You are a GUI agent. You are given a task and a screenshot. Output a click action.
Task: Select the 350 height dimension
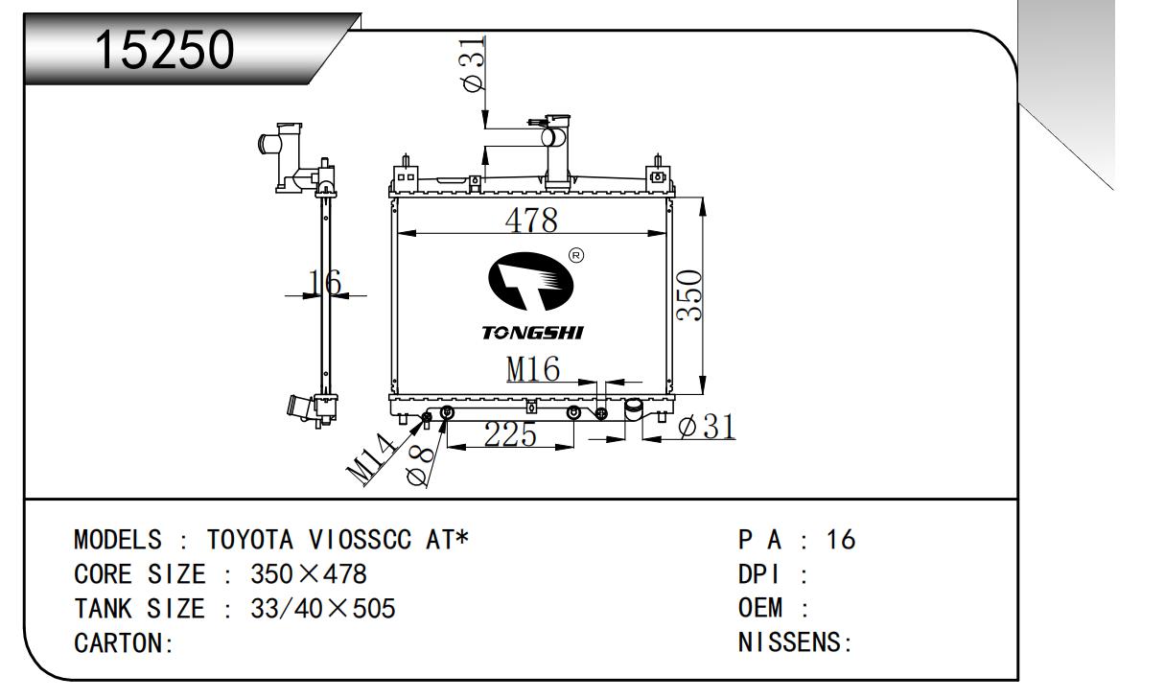[x=689, y=295]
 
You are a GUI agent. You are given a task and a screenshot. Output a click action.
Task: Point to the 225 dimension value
[x=510, y=435]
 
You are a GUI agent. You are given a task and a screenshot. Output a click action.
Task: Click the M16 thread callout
[x=532, y=369]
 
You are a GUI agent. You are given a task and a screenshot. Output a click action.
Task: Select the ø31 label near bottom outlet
[x=706, y=427]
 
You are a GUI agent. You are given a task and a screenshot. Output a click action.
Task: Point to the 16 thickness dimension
[x=325, y=282]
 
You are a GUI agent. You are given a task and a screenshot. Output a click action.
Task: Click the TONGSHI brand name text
[x=532, y=333]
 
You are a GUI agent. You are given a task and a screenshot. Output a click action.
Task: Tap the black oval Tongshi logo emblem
[x=531, y=284]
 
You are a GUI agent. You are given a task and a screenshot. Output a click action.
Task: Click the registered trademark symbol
[x=575, y=255]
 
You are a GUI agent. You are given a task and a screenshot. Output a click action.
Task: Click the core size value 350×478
[x=308, y=574]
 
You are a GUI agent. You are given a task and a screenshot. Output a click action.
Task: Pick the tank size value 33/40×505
[x=322, y=609]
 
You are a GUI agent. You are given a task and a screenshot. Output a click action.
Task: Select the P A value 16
[x=840, y=540]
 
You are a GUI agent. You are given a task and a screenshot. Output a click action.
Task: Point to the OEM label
[x=761, y=609]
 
